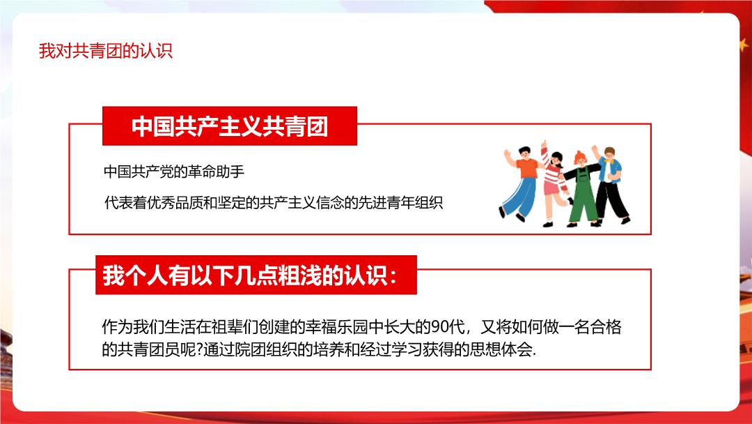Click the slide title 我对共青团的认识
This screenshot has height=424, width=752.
pyautogui.click(x=106, y=51)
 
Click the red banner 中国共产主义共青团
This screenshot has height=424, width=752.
pyautogui.click(x=230, y=126)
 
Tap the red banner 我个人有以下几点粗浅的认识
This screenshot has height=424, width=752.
pyautogui.click(x=256, y=275)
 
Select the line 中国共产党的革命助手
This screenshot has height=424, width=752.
pyautogui.click(x=174, y=172)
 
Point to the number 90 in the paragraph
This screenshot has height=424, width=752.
pyautogui.click(x=441, y=327)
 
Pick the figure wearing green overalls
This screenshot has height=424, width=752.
pyautogui.click(x=581, y=189)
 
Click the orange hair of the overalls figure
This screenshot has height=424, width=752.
pyautogui.click(x=580, y=156)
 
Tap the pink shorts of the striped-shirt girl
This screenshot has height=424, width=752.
pyautogui.click(x=551, y=187)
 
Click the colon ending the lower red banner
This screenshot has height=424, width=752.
pyautogui.click(x=393, y=276)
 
